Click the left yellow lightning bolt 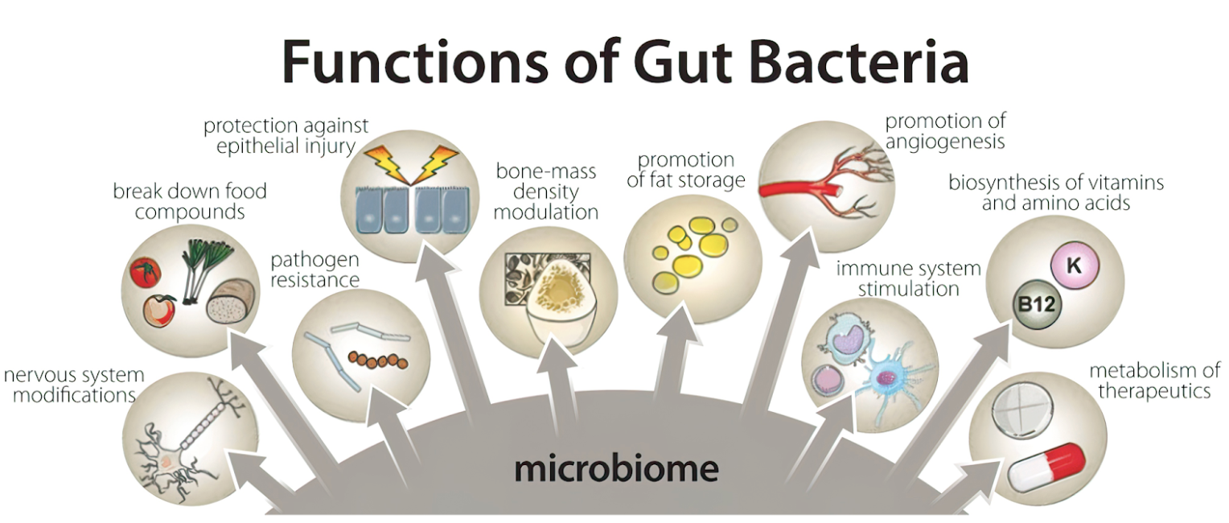tap(385, 163)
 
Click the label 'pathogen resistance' tap(314, 270)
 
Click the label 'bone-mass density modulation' tap(546, 191)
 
